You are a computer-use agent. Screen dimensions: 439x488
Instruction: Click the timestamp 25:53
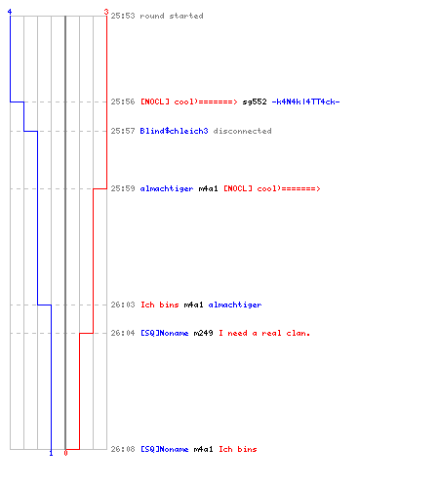(x=123, y=16)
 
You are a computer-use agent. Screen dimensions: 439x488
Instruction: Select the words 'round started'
(x=172, y=16)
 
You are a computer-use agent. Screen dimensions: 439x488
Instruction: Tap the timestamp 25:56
(x=123, y=102)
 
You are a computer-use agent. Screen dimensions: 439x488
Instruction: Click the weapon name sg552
(x=255, y=102)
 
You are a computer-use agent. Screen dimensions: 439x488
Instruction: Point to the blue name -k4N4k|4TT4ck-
(x=305, y=102)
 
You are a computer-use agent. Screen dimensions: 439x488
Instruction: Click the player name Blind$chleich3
(x=174, y=131)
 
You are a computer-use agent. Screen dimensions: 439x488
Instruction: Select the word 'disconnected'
(x=242, y=131)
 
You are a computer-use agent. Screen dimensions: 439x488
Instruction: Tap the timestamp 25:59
(x=123, y=188)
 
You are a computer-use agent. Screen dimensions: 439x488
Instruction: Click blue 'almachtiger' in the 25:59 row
(x=167, y=189)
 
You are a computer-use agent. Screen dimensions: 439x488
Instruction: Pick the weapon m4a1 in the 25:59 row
(x=208, y=188)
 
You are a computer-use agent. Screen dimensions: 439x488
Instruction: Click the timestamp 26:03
(x=123, y=305)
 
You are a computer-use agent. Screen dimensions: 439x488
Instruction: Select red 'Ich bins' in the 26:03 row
(x=160, y=305)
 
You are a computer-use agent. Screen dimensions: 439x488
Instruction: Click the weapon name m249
(x=203, y=333)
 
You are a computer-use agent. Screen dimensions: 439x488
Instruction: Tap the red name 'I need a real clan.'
(x=264, y=333)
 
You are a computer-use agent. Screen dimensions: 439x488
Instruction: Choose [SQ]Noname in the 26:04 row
(x=165, y=333)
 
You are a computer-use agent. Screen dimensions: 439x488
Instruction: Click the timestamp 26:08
(x=123, y=449)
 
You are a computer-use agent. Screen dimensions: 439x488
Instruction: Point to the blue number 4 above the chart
(x=10, y=12)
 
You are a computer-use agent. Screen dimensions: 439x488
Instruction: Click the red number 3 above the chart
(x=106, y=12)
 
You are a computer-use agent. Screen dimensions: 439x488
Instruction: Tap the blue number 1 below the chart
(x=51, y=453)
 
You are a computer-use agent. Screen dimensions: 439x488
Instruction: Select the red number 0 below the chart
(x=65, y=453)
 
